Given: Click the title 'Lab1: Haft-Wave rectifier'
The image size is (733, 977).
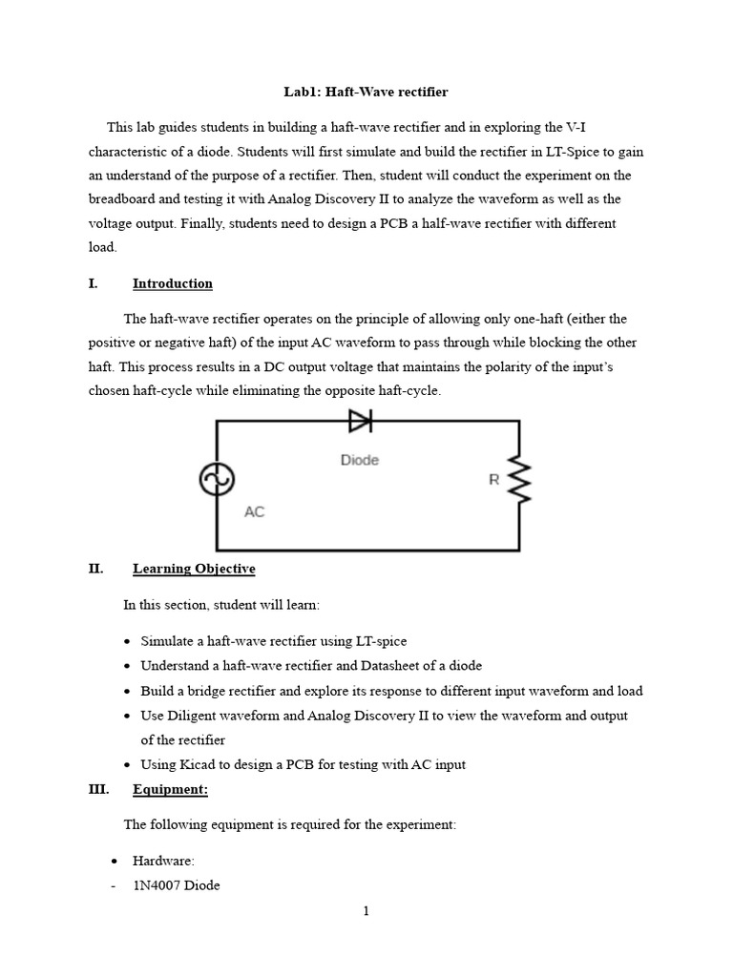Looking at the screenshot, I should (x=366, y=93).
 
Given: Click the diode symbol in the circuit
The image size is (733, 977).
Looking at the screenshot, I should (x=360, y=421).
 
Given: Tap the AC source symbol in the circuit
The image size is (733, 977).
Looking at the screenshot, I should (x=217, y=479).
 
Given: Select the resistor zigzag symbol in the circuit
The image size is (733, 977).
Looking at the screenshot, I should (x=519, y=479).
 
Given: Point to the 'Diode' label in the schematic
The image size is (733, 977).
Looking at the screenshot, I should (x=360, y=460).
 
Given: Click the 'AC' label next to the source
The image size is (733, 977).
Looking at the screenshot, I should (x=254, y=511).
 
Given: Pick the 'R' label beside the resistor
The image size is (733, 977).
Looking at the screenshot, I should (x=494, y=480).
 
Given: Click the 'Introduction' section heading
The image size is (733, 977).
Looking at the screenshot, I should (x=173, y=283).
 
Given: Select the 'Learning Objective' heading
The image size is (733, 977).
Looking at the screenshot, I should (x=194, y=569).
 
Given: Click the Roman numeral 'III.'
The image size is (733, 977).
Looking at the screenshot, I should (x=98, y=789).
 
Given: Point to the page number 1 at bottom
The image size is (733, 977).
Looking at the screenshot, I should (x=366, y=911).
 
